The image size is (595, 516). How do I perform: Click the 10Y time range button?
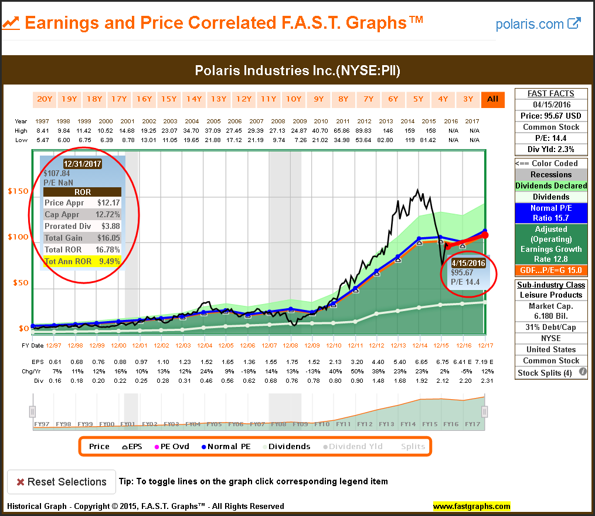[x=293, y=99]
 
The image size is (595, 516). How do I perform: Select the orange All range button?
[x=493, y=99]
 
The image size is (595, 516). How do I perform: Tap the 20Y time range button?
[x=45, y=99]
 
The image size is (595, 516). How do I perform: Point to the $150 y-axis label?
[x=18, y=191]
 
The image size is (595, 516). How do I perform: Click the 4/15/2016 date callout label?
[x=468, y=264]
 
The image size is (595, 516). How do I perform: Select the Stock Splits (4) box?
[x=545, y=373]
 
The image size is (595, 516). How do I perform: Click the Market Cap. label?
[x=550, y=306]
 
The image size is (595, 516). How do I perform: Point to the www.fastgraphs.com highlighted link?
[x=471, y=506]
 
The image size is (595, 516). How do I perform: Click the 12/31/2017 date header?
[x=82, y=164]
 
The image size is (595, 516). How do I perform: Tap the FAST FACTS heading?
[x=550, y=93]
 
